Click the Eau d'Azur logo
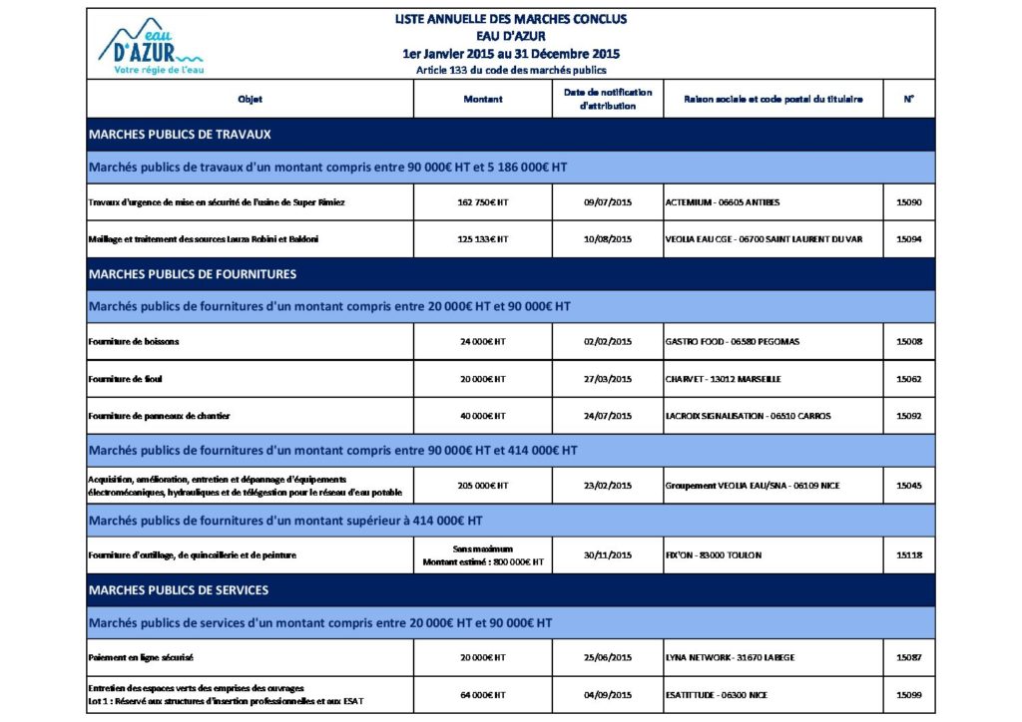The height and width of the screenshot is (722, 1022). (153, 46)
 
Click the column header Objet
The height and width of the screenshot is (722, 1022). (250, 100)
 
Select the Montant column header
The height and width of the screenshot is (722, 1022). (483, 100)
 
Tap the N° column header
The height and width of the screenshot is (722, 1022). (909, 100)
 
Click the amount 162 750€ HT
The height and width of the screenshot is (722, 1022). (483, 202)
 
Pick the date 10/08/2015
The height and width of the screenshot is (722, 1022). (608, 239)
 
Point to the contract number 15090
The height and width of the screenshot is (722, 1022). (909, 202)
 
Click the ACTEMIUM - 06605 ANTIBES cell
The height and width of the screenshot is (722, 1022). (723, 202)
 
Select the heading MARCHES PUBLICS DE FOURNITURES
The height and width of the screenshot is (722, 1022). (193, 273)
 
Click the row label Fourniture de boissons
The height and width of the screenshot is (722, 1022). (134, 342)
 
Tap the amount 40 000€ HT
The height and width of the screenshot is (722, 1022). (483, 416)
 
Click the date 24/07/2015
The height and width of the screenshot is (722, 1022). (608, 416)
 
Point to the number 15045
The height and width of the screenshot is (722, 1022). (909, 486)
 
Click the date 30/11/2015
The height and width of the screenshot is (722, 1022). (608, 554)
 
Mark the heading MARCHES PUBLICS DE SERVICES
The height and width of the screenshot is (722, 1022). (179, 590)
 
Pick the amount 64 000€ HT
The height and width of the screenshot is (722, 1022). (483, 695)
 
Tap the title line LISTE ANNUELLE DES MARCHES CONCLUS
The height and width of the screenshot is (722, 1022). (510, 19)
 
